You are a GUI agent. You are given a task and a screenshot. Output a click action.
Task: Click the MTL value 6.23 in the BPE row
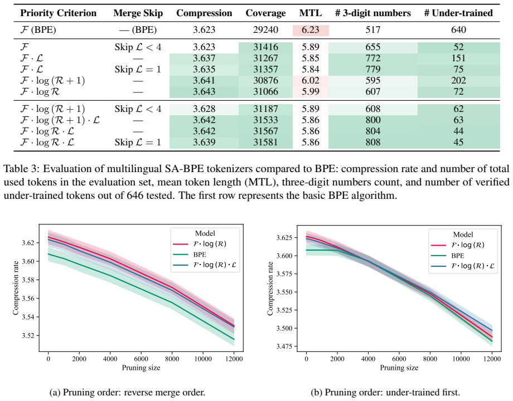pos(310,30)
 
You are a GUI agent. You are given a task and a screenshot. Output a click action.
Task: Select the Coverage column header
pos(265,13)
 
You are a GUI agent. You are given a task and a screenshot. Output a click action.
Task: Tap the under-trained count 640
pos(458,30)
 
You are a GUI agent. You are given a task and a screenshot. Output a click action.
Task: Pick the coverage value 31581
pos(265,142)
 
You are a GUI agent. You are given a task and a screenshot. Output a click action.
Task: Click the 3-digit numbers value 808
pos(373,142)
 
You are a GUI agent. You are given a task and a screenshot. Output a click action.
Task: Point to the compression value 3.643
pos(204,91)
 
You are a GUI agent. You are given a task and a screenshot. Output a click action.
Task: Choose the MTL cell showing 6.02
pos(310,80)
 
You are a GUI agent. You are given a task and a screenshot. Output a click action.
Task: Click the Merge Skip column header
pos(138,13)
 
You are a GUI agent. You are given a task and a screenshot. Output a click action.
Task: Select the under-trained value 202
pos(458,80)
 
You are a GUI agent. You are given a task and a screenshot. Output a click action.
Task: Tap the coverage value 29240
pos(265,30)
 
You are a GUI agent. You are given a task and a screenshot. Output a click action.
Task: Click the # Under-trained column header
pos(458,13)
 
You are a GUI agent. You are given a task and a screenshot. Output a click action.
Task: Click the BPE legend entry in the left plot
pos(200,255)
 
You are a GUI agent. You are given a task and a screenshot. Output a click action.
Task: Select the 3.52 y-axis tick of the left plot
pos(28,336)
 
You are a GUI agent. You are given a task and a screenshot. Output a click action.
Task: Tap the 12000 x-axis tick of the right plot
pos(492,359)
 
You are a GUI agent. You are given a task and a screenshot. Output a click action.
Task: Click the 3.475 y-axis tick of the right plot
pos(284,346)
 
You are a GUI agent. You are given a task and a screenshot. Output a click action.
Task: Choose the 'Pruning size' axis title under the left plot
pos(141,368)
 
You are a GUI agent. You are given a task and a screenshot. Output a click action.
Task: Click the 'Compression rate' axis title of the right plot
pos(270,288)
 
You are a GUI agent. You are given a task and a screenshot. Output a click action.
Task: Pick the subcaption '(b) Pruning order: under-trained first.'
pos(385,392)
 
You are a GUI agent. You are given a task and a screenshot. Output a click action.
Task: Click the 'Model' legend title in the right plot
pos(463,234)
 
